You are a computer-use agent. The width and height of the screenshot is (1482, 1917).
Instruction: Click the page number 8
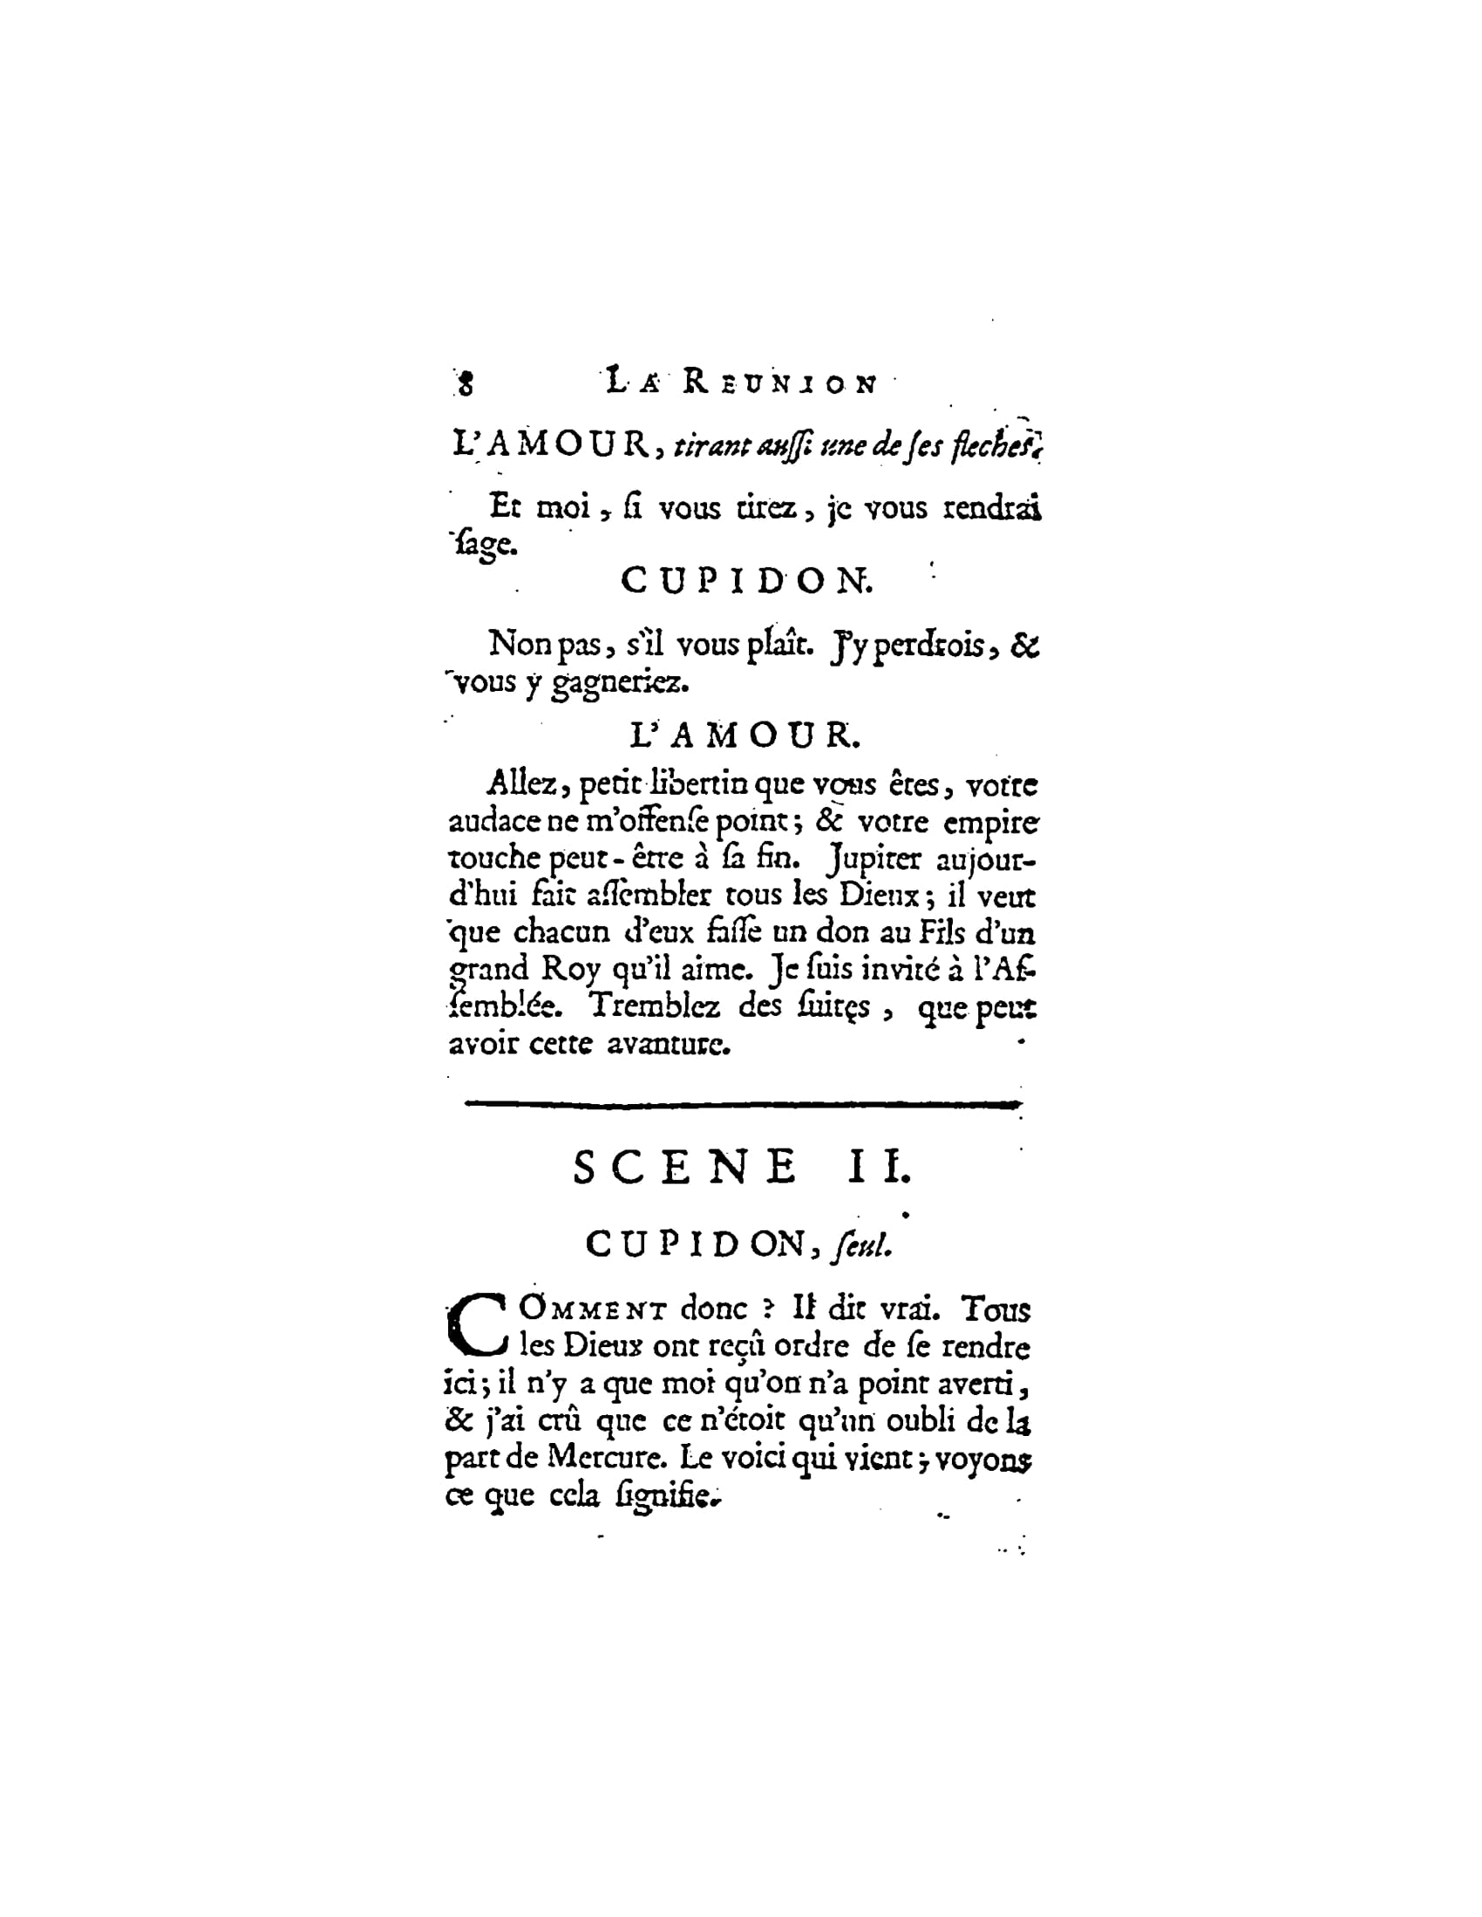(x=466, y=383)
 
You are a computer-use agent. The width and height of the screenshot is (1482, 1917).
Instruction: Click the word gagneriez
(x=619, y=682)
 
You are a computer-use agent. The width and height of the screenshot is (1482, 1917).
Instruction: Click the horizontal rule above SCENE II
(x=742, y=1104)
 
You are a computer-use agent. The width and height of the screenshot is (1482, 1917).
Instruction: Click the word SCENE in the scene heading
(x=685, y=1168)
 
